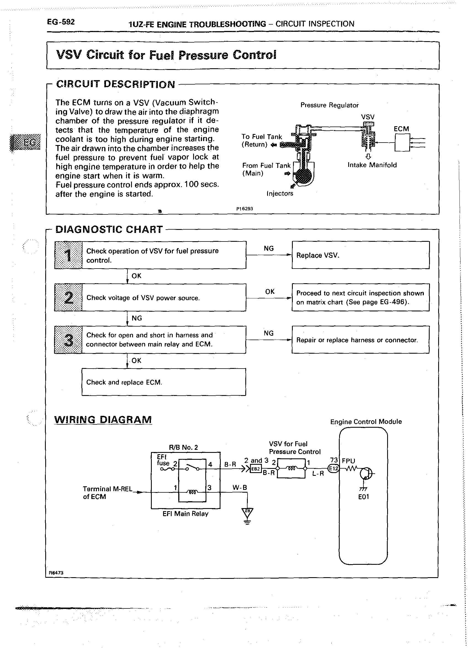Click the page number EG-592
tap(61, 22)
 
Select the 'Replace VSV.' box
tap(360, 255)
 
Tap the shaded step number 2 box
tap(68, 297)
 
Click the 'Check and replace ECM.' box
tap(164, 382)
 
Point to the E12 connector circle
tap(333, 469)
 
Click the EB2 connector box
tap(256, 469)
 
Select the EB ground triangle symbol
tap(247, 512)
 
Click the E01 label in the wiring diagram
tap(363, 497)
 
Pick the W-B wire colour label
tap(240, 488)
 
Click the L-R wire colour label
tap(318, 473)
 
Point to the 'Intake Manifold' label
tap(372, 165)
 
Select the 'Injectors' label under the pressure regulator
tap(280, 193)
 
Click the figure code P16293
tap(244, 209)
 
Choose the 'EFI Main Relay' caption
tap(185, 514)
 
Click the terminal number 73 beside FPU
tap(334, 460)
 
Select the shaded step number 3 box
tap(68, 340)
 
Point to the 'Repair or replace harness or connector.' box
tap(360, 340)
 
